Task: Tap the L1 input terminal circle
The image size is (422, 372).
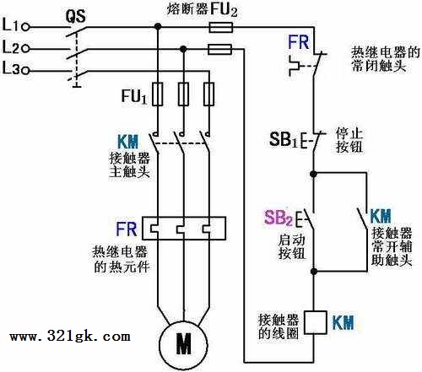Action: (x=25, y=27)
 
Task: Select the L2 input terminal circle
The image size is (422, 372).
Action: (x=25, y=49)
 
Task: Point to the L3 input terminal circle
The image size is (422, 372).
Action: (x=25, y=70)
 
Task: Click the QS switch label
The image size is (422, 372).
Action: (x=76, y=16)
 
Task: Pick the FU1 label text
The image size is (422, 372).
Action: (x=134, y=96)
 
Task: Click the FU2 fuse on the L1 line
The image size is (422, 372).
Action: (x=220, y=28)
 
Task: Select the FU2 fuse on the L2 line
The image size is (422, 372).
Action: (x=219, y=49)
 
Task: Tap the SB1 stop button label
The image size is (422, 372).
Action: (x=283, y=139)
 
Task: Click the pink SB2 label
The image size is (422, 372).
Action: (x=278, y=218)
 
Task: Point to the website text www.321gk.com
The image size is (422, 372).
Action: (x=70, y=336)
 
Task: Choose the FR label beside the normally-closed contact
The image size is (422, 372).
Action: (x=298, y=42)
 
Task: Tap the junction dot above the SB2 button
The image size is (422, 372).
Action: (x=313, y=174)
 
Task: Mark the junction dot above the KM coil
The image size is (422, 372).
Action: (x=314, y=272)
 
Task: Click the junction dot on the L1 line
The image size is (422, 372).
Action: (x=158, y=27)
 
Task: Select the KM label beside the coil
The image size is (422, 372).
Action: (x=343, y=322)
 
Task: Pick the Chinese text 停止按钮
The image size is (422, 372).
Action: (x=349, y=140)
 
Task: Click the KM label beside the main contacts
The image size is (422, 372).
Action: (x=128, y=142)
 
